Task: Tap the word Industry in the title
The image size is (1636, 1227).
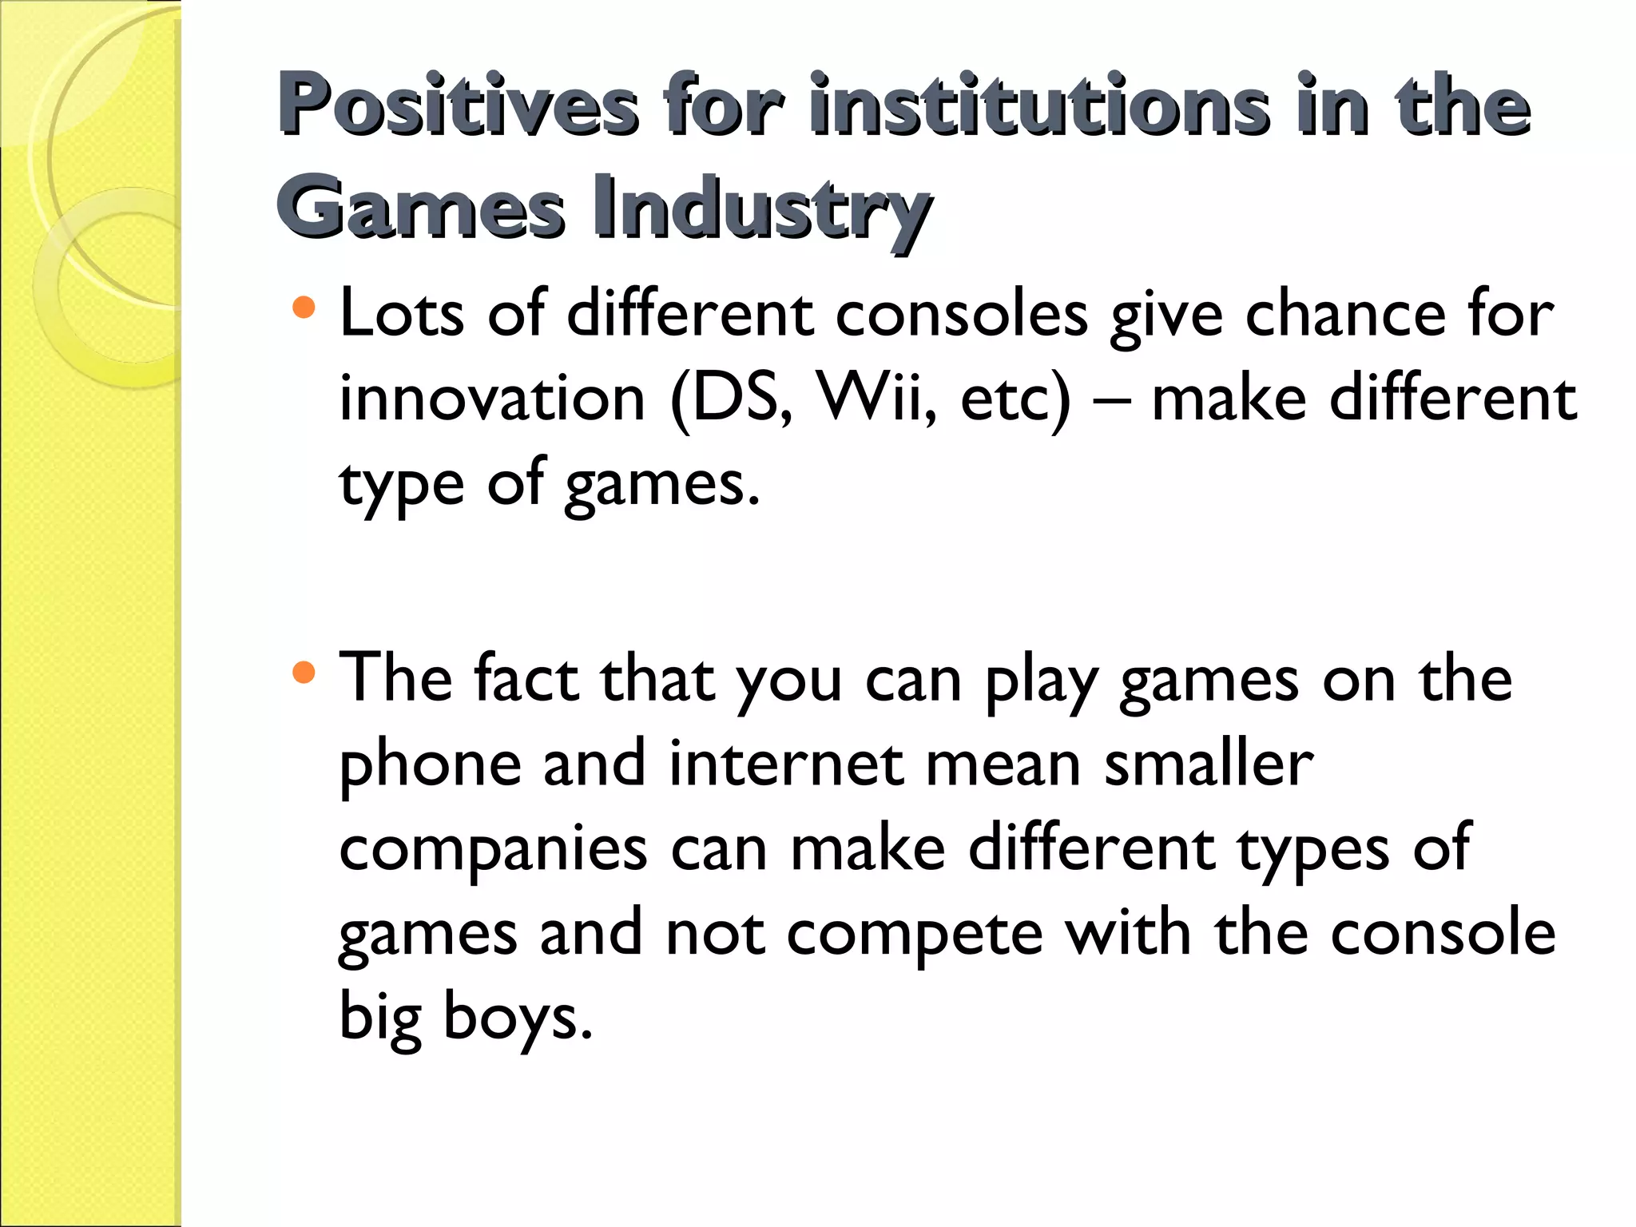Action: [x=763, y=208]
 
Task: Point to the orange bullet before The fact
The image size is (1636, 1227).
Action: [x=304, y=672]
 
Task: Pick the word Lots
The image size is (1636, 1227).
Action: [x=402, y=313]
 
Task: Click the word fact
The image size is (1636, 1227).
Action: [x=526, y=679]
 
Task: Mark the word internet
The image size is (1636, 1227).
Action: [x=787, y=764]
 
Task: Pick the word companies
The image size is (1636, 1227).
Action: [x=493, y=850]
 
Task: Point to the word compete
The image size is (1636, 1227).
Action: [x=915, y=935]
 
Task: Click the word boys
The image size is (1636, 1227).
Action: [x=518, y=1018]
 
